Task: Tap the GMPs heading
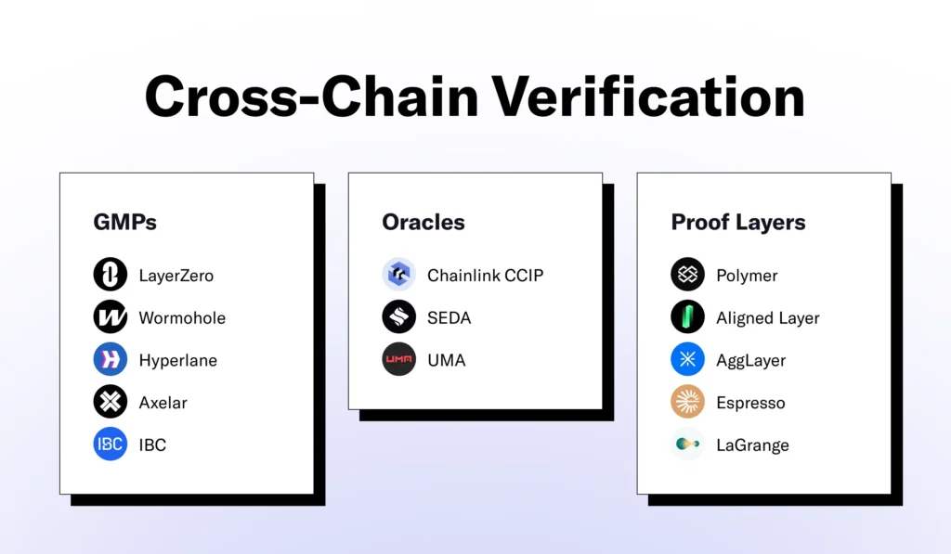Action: pos(125,223)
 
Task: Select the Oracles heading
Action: pos(423,223)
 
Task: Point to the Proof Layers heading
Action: pos(738,223)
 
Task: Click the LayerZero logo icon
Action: pos(111,275)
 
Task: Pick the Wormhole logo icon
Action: pos(111,317)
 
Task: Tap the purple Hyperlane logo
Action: pos(111,360)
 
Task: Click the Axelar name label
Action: pos(164,403)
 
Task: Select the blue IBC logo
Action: pos(111,444)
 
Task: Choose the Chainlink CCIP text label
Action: pos(486,276)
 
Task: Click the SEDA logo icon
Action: pos(399,317)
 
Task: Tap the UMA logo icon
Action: pos(399,360)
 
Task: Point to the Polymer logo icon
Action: pos(688,275)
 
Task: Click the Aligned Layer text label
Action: pos(768,318)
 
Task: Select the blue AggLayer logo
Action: pos(688,360)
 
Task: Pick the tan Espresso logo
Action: pos(688,403)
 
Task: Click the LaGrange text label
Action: pos(752,445)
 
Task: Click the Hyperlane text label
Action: pos(178,361)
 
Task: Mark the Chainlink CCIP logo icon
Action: pos(399,275)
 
